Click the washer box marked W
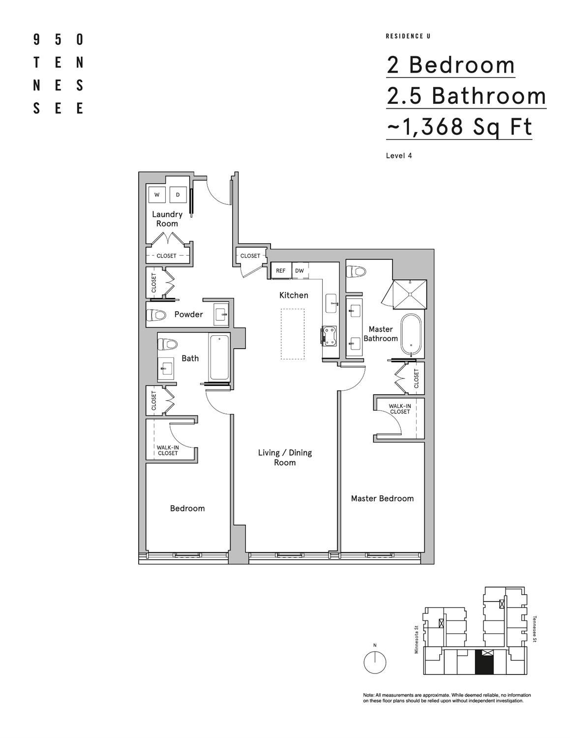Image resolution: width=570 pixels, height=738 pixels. point(157,194)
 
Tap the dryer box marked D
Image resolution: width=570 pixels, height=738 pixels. point(178,194)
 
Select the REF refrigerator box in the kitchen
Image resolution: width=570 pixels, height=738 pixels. point(281,271)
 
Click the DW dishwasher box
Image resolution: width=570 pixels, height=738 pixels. point(300,271)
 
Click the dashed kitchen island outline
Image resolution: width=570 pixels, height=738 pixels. point(293,334)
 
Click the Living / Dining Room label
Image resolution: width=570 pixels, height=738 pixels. point(285,457)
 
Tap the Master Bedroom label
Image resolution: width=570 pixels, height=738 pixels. point(382,498)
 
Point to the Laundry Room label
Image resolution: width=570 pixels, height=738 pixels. point(167,219)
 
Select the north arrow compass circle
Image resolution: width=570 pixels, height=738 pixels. point(375,662)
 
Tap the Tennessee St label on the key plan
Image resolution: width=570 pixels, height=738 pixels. point(535,629)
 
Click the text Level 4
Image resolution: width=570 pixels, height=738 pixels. point(399,156)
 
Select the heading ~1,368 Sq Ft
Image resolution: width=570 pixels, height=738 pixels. point(459,127)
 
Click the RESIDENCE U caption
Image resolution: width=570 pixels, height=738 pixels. point(408,36)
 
